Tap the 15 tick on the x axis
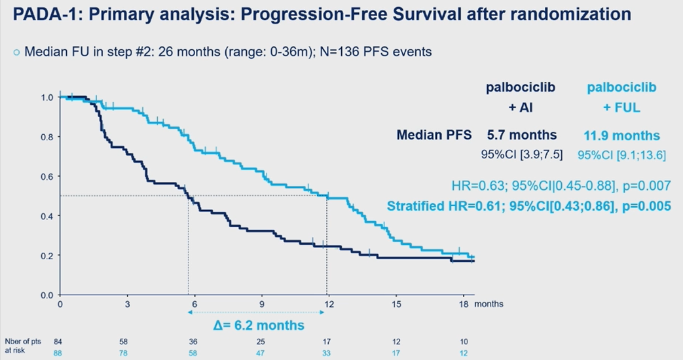(395, 304)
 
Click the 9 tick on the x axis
(261, 304)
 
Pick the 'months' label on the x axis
(489, 304)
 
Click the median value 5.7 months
(522, 135)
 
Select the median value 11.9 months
(622, 135)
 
